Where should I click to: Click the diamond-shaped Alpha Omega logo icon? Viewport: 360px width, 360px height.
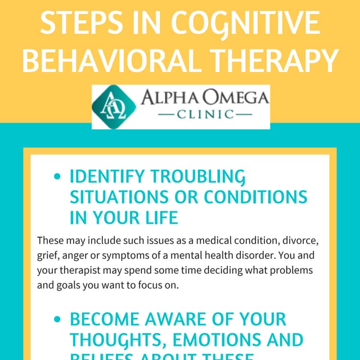click(114, 107)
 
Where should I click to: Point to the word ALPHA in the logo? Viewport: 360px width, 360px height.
click(169, 98)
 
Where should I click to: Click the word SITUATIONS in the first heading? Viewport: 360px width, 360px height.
click(120, 197)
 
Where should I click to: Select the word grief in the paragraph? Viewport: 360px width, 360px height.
click(47, 255)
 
